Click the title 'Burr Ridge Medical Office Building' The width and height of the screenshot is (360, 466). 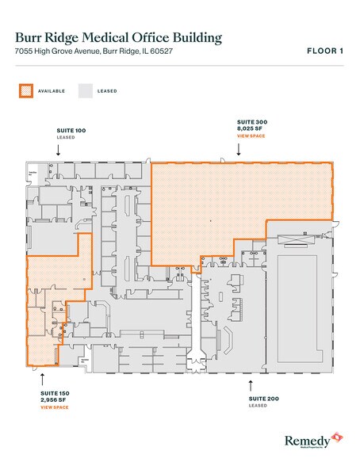coord(118,37)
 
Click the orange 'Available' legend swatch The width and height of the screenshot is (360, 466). coord(25,91)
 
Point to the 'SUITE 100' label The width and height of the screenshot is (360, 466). coord(71,128)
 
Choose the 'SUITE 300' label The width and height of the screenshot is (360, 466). coord(252,122)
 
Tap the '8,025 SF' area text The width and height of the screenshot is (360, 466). coord(251,129)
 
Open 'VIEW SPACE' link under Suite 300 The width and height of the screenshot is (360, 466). coord(251,136)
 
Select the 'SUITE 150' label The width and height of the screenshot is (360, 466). coord(55,393)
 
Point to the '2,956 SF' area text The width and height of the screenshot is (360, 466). coord(54,400)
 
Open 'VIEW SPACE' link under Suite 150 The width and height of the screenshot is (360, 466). coord(55,407)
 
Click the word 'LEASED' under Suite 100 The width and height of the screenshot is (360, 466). coord(65,136)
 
